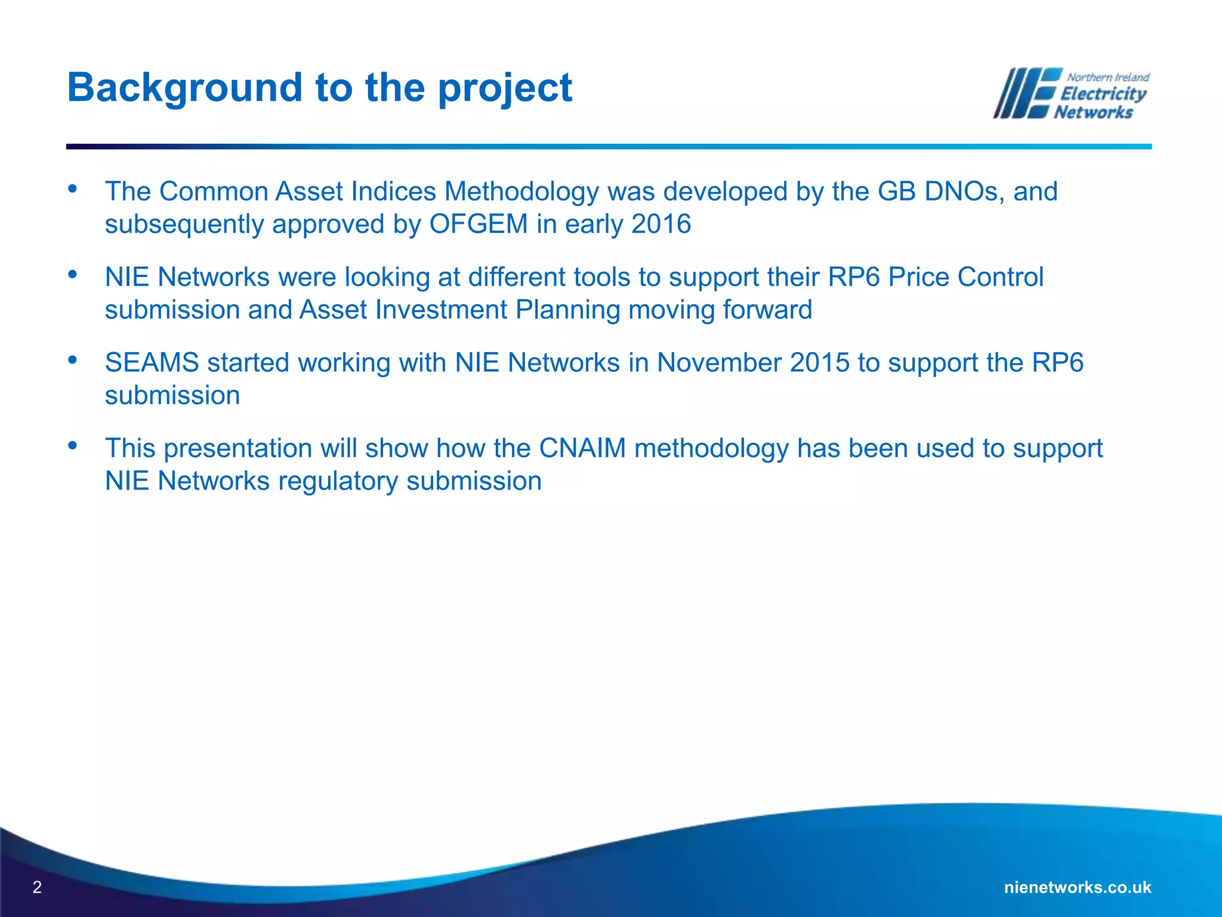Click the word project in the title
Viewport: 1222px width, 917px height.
pyautogui.click(x=505, y=88)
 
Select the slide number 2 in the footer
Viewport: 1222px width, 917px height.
pyautogui.click(x=37, y=887)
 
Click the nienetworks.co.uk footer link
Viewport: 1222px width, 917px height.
pyautogui.click(x=1078, y=887)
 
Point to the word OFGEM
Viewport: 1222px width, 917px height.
pyautogui.click(x=479, y=224)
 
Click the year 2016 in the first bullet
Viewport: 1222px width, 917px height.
pyautogui.click(x=661, y=224)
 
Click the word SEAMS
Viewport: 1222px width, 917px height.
pyautogui.click(x=152, y=363)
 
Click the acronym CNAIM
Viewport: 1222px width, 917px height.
pyautogui.click(x=582, y=448)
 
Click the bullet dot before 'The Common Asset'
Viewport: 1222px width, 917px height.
pyautogui.click(x=73, y=189)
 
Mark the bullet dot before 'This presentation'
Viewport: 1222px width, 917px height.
pyautogui.click(x=73, y=445)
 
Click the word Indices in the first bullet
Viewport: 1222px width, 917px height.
pyautogui.click(x=393, y=192)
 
